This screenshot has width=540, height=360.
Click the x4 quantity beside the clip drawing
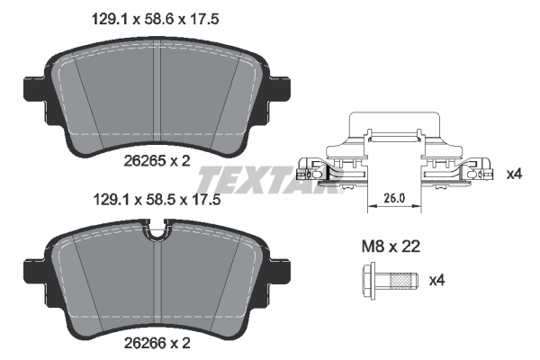(x=514, y=173)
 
